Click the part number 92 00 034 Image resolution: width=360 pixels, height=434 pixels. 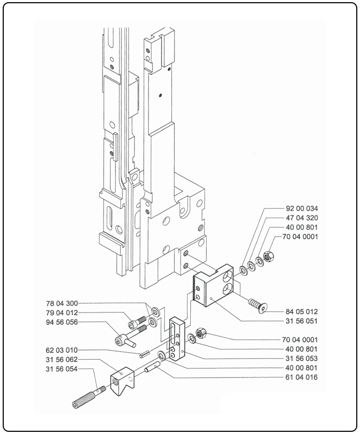click(x=302, y=208)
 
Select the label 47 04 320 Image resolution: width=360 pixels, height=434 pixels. click(x=302, y=218)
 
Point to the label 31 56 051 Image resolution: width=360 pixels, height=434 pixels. click(x=302, y=321)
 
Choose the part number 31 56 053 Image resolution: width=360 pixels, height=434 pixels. click(x=302, y=359)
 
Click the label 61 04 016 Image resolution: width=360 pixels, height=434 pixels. click(x=302, y=377)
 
